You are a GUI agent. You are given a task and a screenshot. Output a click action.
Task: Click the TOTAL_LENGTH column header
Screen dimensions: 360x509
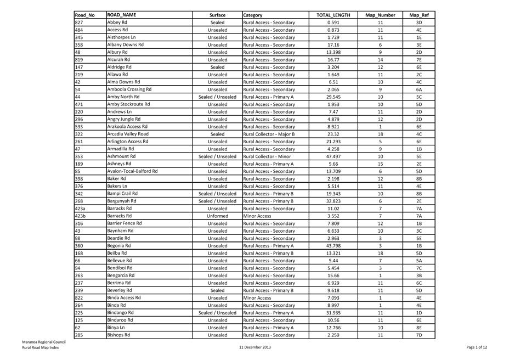pyautogui.click(x=332, y=15)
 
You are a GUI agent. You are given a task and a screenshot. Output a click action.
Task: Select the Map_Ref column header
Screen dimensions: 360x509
pyautogui.click(x=418, y=15)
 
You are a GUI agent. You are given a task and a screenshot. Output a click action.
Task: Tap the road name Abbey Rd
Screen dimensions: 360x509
pyautogui.click(x=117, y=22)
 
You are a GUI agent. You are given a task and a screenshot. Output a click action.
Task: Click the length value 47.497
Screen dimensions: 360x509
pyautogui.click(x=332, y=156)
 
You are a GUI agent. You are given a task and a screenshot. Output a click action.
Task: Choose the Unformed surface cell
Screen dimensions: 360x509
pyautogui.click(x=217, y=216)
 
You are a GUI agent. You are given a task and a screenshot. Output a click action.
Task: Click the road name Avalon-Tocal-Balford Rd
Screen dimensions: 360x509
pyautogui.click(x=132, y=171)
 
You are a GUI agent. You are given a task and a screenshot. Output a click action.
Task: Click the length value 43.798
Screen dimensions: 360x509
pyautogui.click(x=332, y=245)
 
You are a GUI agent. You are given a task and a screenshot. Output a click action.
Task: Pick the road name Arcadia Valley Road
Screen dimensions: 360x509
pyautogui.click(x=127, y=133)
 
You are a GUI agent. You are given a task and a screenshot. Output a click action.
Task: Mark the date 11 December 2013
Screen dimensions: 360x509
pyautogui.click(x=256, y=347)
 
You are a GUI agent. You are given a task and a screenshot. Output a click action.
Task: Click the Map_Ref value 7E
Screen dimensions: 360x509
pyautogui.click(x=418, y=59)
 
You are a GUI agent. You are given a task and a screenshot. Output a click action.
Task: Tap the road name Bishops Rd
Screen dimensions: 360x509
pyautogui.click(x=118, y=334)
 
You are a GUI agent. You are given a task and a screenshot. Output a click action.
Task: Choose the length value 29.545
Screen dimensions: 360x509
pyautogui.click(x=332, y=97)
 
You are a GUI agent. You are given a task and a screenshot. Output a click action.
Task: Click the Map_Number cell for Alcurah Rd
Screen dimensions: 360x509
pyautogui.click(x=380, y=59)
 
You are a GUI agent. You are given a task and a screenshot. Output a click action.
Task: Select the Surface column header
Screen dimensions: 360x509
pyautogui.click(x=217, y=15)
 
